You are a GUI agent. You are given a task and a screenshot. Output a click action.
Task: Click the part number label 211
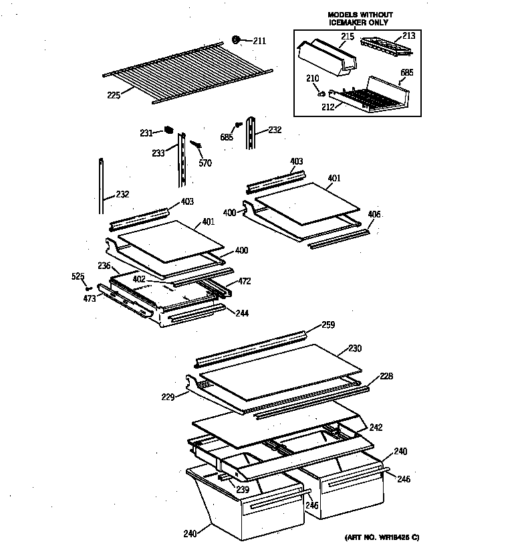click(x=259, y=41)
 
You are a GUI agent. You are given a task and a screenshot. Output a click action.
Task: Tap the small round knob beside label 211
click(x=237, y=40)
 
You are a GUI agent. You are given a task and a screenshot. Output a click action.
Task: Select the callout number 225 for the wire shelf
click(x=113, y=95)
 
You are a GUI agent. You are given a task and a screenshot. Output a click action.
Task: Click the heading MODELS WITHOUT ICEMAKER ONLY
click(x=360, y=19)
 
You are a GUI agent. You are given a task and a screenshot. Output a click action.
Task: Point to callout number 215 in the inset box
click(x=348, y=35)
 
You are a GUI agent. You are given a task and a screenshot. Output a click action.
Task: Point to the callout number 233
click(x=158, y=153)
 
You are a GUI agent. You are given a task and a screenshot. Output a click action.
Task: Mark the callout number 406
click(x=374, y=214)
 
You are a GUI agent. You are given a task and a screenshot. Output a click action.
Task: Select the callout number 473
click(x=89, y=298)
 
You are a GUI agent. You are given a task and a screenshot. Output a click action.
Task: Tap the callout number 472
click(x=245, y=281)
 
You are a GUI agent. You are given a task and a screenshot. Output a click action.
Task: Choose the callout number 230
click(x=354, y=348)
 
